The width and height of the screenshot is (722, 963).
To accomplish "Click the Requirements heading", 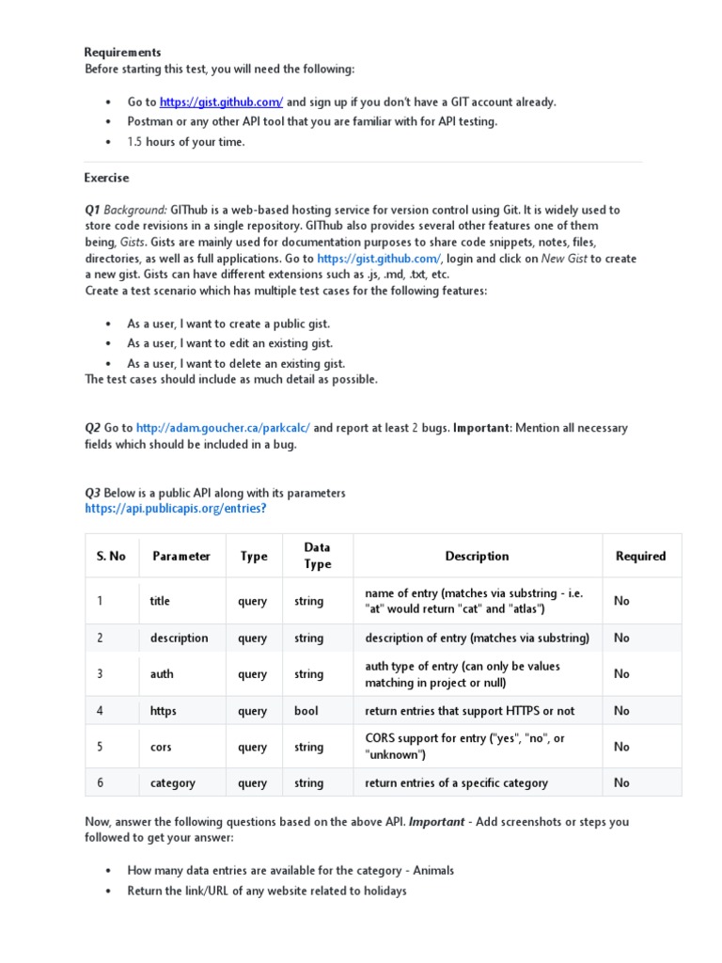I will click(123, 53).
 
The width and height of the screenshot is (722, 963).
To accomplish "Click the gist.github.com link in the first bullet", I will click(221, 102).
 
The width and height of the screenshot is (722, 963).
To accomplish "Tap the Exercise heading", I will click(106, 178).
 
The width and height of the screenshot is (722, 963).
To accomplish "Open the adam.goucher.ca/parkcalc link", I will click(223, 428).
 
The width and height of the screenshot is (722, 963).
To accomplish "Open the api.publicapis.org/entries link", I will click(176, 509).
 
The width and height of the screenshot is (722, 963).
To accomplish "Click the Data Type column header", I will click(317, 556).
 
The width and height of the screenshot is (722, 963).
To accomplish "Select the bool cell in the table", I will click(306, 711).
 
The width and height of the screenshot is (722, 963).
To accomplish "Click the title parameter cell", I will click(160, 601).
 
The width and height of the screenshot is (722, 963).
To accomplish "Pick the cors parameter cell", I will click(161, 747).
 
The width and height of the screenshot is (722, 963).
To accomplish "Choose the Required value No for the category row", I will click(621, 782).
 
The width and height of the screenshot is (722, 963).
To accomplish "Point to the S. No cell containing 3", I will click(99, 674).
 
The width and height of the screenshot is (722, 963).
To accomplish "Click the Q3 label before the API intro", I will click(92, 493).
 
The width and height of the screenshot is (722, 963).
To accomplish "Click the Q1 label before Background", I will click(92, 210).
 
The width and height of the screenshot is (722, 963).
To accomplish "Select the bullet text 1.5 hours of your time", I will click(186, 142).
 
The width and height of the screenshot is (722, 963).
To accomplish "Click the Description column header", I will click(477, 556).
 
